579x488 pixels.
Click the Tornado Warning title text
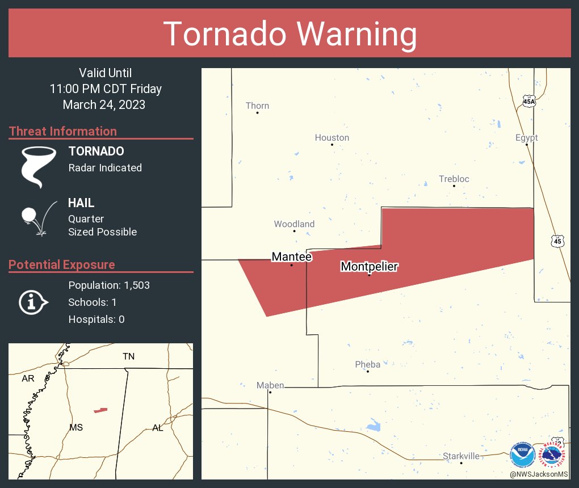point(289,33)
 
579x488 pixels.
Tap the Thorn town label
point(257,106)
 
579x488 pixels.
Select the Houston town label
point(332,137)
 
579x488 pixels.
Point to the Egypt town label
point(526,137)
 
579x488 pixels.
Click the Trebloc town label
point(454,179)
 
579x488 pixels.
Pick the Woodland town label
point(294,224)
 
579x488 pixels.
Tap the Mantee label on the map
point(292,256)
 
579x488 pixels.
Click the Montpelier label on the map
point(369,266)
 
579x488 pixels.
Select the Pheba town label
point(367,364)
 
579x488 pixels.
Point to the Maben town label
point(270,385)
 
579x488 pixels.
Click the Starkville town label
point(461,456)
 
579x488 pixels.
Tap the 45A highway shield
point(529,101)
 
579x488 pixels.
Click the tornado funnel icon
point(39,167)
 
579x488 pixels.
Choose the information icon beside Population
point(33,302)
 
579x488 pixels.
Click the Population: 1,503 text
point(109,285)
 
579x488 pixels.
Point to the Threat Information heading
point(63,131)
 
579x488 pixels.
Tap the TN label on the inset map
point(128,356)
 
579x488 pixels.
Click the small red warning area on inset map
point(100,410)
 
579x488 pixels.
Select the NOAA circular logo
point(522,455)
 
